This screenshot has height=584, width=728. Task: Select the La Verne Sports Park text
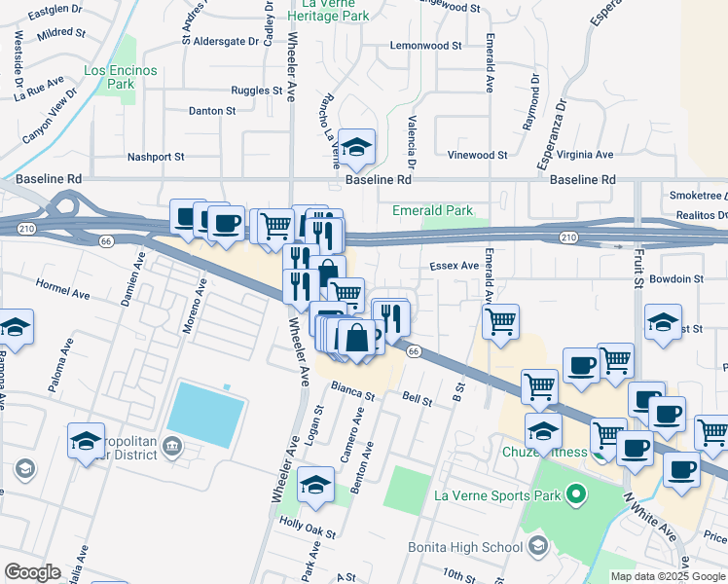497,496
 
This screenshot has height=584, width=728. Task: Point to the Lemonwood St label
425,46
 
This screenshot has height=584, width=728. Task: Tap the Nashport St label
156,157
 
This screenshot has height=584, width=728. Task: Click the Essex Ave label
455,265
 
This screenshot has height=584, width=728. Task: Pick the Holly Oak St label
308,534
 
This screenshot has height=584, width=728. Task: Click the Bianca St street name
353,392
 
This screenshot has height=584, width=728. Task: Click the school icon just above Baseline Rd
357,147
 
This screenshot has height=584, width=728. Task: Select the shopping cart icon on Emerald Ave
500,320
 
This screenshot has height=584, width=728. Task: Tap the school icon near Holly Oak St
316,485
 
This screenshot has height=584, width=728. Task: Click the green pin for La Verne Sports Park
575,494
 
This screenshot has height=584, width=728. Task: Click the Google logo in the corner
32,572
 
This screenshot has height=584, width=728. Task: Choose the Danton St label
212,111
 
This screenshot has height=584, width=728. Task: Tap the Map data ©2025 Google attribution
667,576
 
